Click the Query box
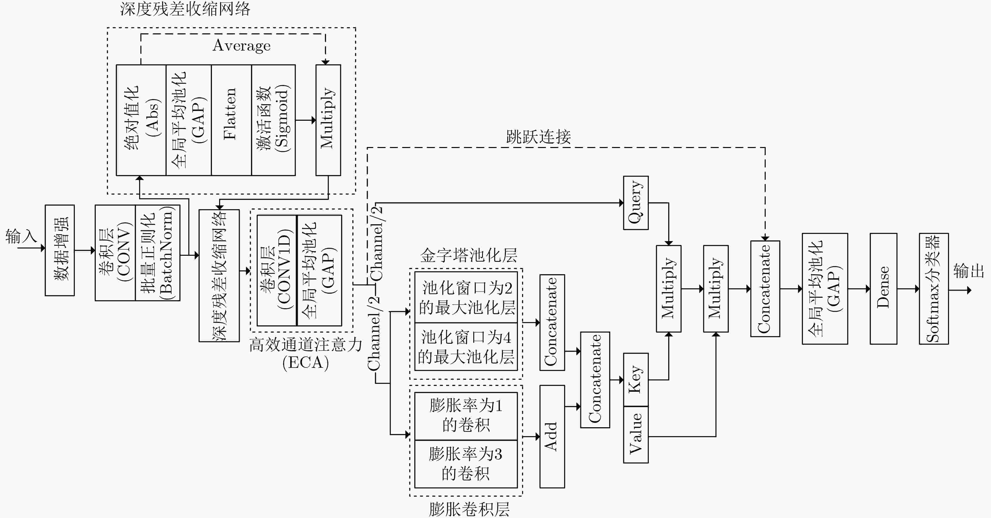[635, 203]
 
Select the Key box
[635, 380]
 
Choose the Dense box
[883, 288]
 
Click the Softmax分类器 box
[934, 288]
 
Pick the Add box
[552, 436]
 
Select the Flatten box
[231, 120]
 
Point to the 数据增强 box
[60, 250]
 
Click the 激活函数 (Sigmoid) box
[273, 120]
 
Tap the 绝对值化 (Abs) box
[141, 120]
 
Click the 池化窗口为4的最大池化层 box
[466, 347]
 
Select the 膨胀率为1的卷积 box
[466, 416]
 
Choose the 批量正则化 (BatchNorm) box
[158, 253]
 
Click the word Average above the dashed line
[242, 45]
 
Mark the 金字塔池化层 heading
[469, 255]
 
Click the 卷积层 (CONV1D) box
[277, 270]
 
